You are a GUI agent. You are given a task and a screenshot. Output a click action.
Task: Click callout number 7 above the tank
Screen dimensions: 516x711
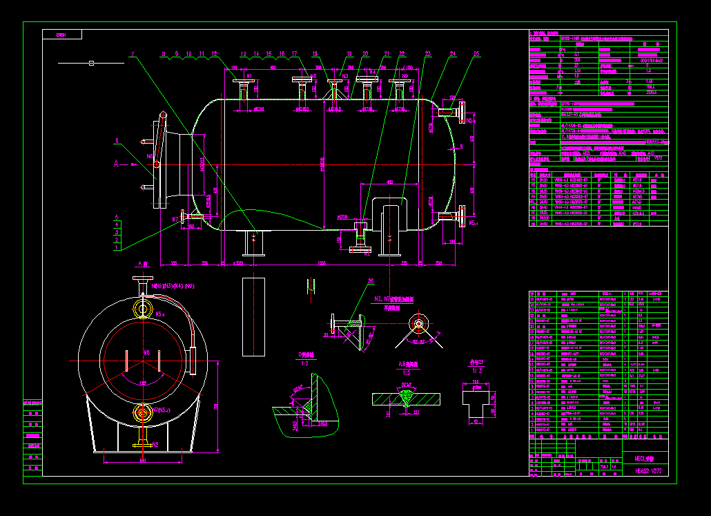[133, 53]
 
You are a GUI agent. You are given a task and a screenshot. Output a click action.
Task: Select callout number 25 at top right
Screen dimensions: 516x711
[477, 53]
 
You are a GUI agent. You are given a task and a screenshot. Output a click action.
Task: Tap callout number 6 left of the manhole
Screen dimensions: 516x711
[117, 141]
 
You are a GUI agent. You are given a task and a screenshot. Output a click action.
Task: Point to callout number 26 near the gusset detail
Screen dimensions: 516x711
[371, 281]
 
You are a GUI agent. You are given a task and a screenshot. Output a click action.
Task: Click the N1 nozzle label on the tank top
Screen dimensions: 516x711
[249, 75]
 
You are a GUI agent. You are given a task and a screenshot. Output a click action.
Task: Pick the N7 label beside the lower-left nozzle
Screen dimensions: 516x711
[175, 220]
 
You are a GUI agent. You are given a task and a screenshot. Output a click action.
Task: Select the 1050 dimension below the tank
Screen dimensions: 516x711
[321, 263]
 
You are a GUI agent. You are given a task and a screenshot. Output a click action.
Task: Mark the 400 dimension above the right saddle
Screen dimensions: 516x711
[390, 182]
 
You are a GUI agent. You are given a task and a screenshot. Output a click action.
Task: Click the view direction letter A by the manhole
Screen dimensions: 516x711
[116, 164]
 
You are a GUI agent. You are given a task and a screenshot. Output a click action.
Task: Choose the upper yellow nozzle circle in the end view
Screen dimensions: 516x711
[144, 307]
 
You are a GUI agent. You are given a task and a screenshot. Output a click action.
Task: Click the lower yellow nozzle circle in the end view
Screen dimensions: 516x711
[143, 413]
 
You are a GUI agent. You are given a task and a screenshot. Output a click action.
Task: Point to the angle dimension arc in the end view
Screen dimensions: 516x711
[144, 382]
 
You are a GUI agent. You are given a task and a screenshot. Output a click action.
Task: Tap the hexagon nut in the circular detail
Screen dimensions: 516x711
[418, 324]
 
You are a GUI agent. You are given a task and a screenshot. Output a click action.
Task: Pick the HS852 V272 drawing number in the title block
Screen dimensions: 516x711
[648, 470]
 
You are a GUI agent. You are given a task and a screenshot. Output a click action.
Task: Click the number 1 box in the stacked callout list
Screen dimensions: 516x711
[117, 247]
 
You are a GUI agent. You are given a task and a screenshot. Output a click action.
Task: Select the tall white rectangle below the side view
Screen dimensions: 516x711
[253, 316]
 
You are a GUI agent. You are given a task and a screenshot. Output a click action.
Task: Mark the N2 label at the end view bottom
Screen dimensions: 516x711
[155, 445]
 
